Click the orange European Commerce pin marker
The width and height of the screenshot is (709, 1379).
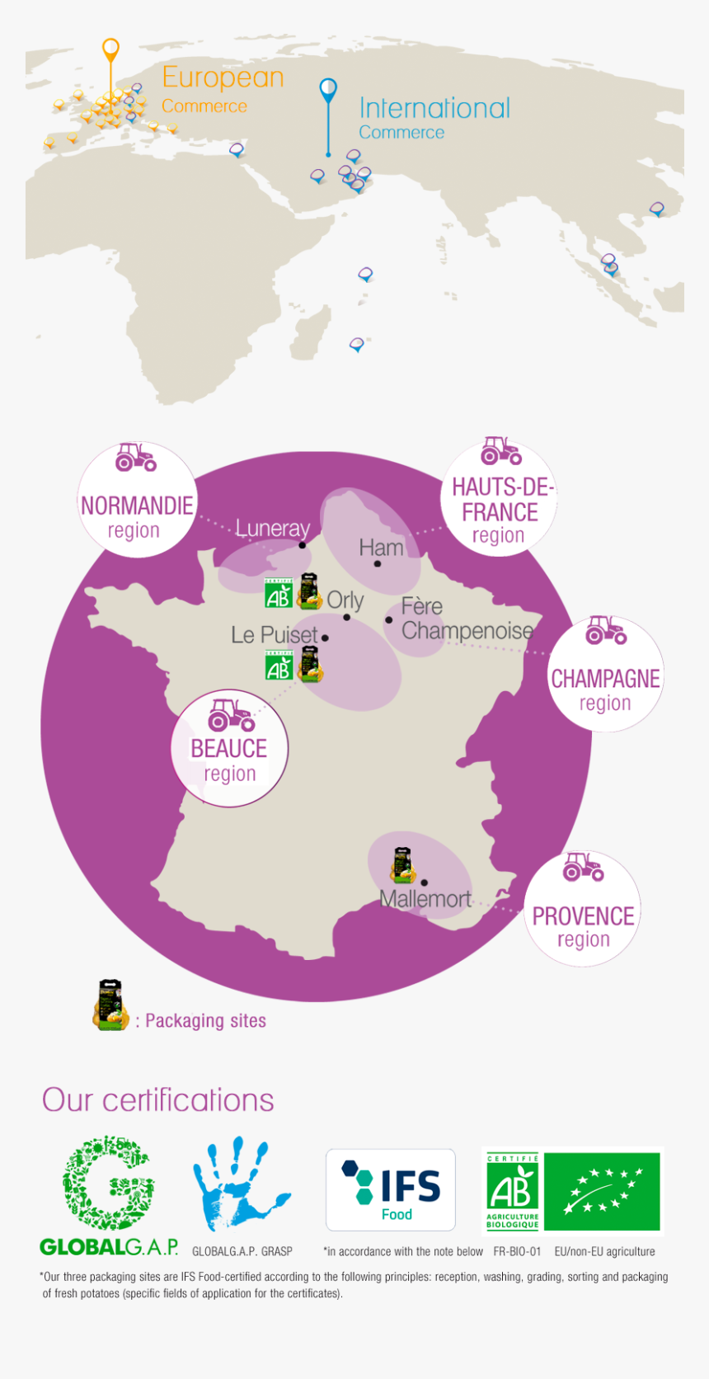[x=110, y=50]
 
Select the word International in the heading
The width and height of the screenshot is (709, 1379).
[x=434, y=108]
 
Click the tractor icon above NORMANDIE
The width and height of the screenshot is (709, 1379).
[x=135, y=457]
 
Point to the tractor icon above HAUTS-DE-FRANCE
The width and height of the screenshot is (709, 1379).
[x=501, y=451]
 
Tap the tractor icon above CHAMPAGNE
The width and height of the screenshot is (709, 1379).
[x=606, y=630]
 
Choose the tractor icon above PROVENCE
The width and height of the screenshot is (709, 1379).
[x=583, y=867]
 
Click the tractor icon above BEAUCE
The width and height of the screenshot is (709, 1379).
[x=231, y=715]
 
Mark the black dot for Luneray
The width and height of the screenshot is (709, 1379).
[x=303, y=545]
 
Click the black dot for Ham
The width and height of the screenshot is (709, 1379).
[x=378, y=564]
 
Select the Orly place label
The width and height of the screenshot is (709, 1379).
[x=345, y=600]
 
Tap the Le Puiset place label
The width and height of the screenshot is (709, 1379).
[x=274, y=634]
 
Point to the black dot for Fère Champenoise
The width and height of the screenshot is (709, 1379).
[x=389, y=619]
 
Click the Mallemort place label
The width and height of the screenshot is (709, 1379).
[x=425, y=899]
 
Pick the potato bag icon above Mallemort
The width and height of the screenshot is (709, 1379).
[x=402, y=864]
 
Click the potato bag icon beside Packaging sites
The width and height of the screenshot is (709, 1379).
[x=110, y=1005]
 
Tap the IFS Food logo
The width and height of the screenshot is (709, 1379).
[x=391, y=1190]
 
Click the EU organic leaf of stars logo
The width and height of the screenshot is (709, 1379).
[x=602, y=1191]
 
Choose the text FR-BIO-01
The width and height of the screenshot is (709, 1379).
[x=517, y=1251]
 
